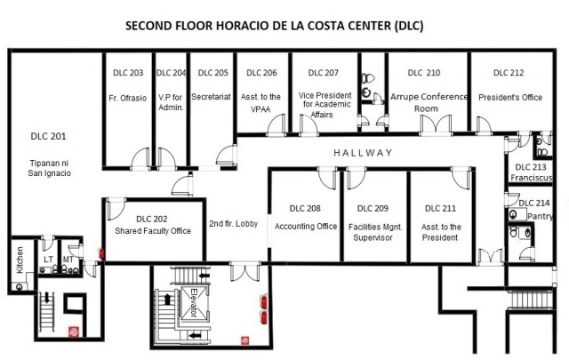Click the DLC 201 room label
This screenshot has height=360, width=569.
(x=48, y=137)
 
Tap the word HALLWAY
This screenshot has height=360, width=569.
(x=363, y=153)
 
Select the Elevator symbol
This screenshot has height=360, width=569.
(x=195, y=302)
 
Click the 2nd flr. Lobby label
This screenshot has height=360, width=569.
(x=233, y=223)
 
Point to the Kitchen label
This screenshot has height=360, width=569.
(x=20, y=260)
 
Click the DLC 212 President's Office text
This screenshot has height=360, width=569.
(x=509, y=85)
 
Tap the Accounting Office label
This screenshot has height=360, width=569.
(x=306, y=227)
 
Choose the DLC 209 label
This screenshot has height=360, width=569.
(x=373, y=208)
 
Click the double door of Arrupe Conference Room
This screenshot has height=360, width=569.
(x=436, y=124)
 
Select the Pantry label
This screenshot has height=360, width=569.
(x=540, y=216)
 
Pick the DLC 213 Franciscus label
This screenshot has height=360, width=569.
(x=531, y=172)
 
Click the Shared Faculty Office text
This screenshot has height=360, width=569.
(x=153, y=231)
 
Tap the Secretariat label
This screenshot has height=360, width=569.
(x=211, y=97)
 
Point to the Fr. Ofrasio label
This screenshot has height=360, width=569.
(x=128, y=98)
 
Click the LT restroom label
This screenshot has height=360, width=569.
(x=48, y=260)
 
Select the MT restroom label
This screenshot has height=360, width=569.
(x=68, y=260)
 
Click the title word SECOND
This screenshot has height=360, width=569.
(x=148, y=26)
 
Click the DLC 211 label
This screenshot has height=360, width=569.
(x=440, y=208)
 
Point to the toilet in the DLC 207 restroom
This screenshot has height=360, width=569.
(x=367, y=78)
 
